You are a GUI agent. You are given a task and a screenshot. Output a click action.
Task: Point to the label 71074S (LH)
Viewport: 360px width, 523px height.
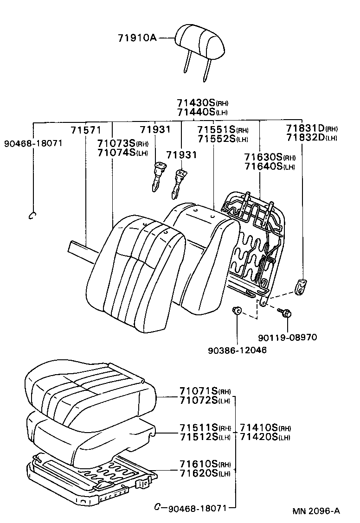122,153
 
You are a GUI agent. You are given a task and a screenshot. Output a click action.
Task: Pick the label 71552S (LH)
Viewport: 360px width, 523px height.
222,139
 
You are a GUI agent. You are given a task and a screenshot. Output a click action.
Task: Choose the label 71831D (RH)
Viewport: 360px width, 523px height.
311,128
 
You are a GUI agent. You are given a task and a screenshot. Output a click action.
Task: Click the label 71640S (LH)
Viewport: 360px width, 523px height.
270,167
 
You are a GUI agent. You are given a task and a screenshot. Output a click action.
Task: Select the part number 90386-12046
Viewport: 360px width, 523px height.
238,350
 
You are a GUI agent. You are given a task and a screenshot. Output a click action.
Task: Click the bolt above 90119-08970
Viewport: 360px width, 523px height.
284,313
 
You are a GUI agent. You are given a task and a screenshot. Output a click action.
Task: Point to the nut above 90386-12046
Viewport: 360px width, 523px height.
237,311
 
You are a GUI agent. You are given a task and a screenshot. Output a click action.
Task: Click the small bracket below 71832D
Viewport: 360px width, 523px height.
302,286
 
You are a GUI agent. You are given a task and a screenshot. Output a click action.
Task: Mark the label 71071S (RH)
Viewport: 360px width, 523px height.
205,391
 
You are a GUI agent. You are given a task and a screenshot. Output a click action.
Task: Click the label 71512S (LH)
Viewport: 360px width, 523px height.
205,437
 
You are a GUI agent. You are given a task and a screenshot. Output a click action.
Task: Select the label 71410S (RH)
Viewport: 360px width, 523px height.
265,427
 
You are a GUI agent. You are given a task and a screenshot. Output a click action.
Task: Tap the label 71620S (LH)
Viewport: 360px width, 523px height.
205,473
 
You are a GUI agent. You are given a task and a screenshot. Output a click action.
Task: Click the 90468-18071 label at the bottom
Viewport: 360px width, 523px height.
196,508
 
